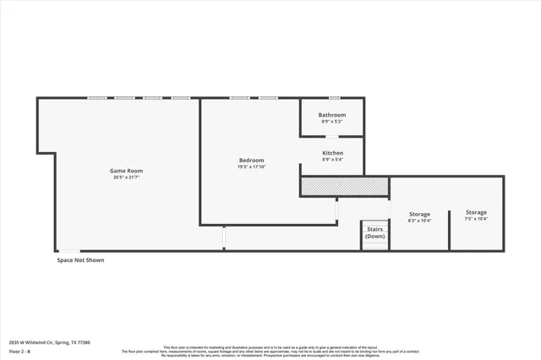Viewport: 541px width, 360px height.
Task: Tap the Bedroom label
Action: pyautogui.click(x=251, y=161)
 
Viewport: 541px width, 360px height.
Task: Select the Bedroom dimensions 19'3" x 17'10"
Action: pyautogui.click(x=251, y=167)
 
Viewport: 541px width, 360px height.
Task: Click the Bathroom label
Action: pyautogui.click(x=332, y=115)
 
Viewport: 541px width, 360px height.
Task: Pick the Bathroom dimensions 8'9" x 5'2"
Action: pyautogui.click(x=332, y=122)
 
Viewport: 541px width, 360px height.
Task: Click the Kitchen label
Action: pyautogui.click(x=332, y=153)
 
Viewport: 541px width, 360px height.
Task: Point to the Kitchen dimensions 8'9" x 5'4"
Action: pyautogui.click(x=332, y=160)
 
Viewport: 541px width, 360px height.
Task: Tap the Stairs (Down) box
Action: pyautogui.click(x=374, y=232)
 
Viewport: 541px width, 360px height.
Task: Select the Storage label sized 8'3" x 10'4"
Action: pyautogui.click(x=419, y=215)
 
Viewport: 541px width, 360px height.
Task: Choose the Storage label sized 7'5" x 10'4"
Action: pyautogui.click(x=476, y=212)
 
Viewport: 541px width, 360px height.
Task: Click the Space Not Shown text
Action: pyautogui.click(x=80, y=260)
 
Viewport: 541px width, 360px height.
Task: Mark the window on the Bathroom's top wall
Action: pyautogui.click(x=334, y=98)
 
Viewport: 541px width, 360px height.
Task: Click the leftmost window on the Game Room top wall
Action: pyautogui.click(x=96, y=98)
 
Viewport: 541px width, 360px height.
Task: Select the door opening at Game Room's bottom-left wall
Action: pyautogui.click(x=69, y=250)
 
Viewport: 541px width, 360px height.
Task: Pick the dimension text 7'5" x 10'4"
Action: pyautogui.click(x=476, y=219)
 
